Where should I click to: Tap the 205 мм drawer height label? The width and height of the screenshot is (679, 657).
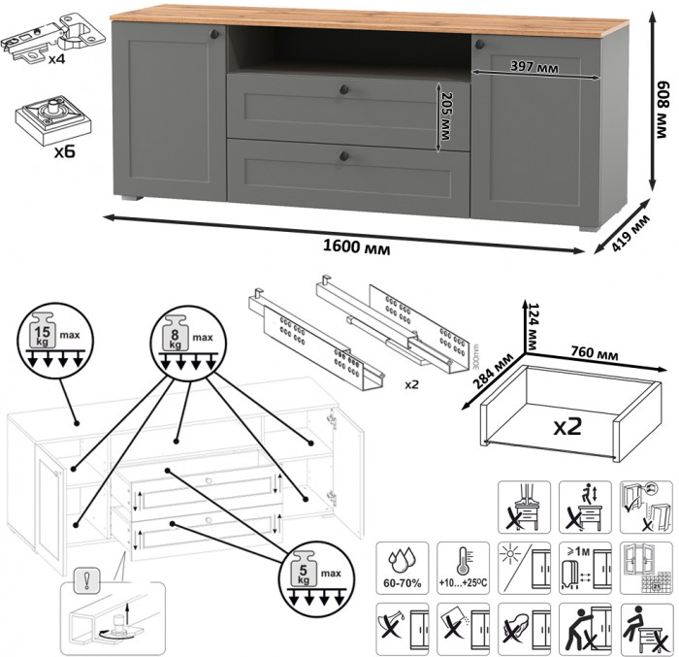(447, 118)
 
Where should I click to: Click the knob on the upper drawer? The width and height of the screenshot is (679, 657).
(343, 90)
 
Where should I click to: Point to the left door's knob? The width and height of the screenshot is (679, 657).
(215, 35)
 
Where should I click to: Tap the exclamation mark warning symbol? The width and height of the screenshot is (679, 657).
(87, 585)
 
